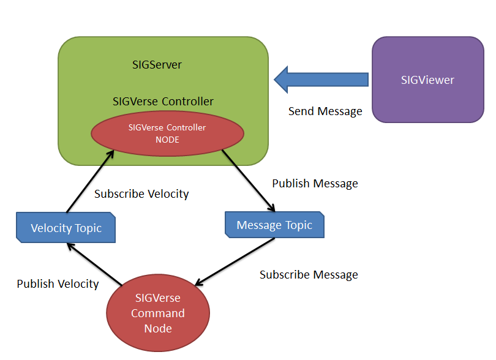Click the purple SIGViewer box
[x=427, y=80]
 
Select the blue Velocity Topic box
[x=66, y=228]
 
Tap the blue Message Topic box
[x=274, y=225]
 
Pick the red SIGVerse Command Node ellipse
[x=158, y=313]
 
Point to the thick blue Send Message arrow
[x=321, y=80]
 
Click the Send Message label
[x=325, y=111]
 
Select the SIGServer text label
[x=157, y=64]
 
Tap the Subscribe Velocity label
[x=141, y=194]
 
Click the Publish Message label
[x=315, y=183]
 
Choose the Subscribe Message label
[x=309, y=275]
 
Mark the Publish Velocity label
[x=58, y=284]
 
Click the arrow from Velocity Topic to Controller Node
[x=89, y=181]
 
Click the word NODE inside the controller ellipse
[x=167, y=139]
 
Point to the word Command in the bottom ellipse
[x=158, y=313]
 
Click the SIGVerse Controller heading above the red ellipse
[x=163, y=101]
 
